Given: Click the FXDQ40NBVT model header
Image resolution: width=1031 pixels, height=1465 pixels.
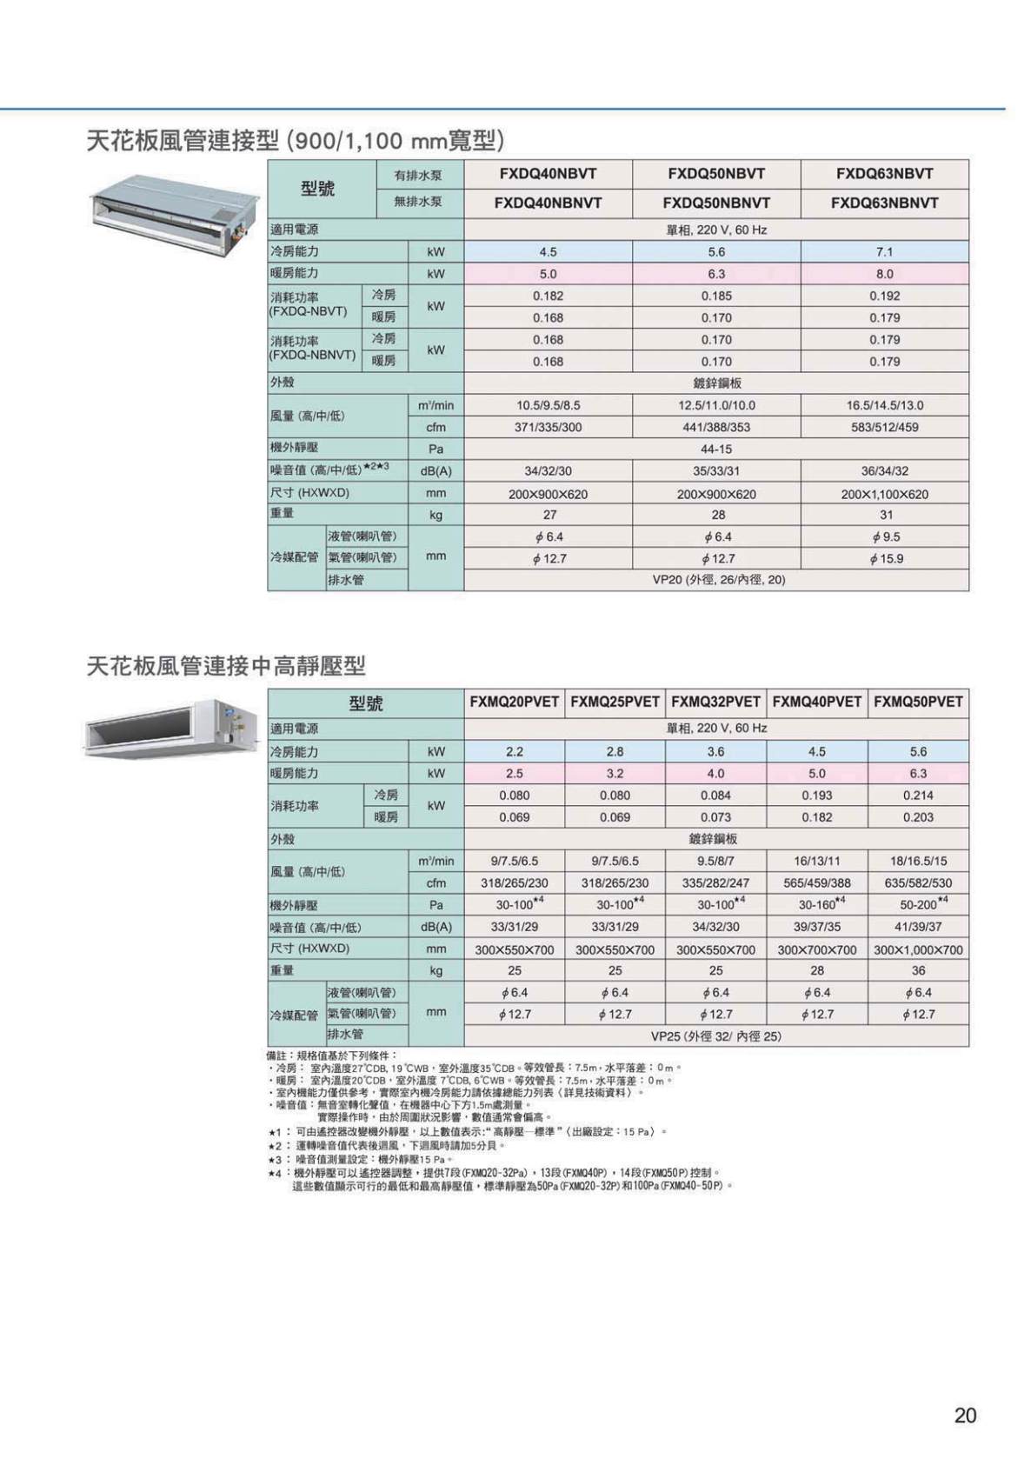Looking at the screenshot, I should point(548,173).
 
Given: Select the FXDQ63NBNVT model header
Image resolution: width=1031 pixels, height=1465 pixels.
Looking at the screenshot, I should point(884,203).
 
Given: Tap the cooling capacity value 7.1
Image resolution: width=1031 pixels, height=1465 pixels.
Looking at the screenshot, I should point(884,252).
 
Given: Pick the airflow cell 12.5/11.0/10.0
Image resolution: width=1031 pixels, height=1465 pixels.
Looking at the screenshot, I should point(716,405).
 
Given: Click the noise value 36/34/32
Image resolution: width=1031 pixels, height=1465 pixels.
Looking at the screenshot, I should point(884,471).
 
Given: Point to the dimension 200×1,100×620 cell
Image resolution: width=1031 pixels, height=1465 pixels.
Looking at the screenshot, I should point(884,494).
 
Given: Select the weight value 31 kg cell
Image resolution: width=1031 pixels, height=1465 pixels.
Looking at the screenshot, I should point(884,516).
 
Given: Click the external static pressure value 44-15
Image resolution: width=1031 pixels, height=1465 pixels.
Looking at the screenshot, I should point(716,449).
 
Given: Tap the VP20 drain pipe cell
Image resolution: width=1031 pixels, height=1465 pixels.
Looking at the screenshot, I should point(716,580).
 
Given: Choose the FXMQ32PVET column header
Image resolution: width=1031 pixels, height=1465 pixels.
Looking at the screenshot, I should point(715,702).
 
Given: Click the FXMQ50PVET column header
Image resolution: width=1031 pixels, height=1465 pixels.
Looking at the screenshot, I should point(918,702).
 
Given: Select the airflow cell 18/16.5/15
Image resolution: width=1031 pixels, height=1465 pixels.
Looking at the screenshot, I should point(918,861).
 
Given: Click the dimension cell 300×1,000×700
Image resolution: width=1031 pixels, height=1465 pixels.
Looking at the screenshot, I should point(918,950).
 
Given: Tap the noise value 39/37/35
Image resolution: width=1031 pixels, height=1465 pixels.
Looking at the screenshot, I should point(817,927).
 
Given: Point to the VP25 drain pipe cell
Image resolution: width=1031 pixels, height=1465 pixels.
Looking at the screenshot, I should point(716,1036).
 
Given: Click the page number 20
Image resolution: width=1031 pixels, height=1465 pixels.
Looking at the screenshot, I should point(965,1415).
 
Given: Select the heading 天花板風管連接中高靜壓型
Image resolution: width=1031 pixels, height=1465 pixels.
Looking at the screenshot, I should point(226,667).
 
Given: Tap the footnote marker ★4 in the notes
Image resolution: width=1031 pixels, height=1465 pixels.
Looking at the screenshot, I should point(275,1173).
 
